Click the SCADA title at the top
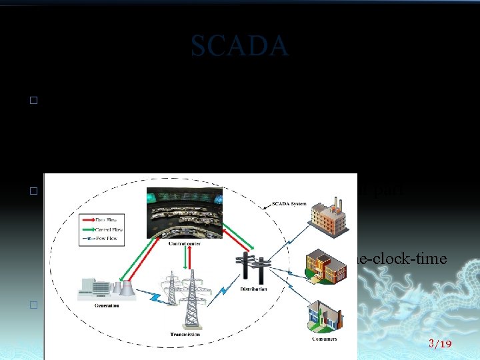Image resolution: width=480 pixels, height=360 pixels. (x=239, y=46)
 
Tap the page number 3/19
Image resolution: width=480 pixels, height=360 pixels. (x=440, y=344)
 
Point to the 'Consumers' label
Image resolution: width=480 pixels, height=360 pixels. (x=323, y=339)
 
